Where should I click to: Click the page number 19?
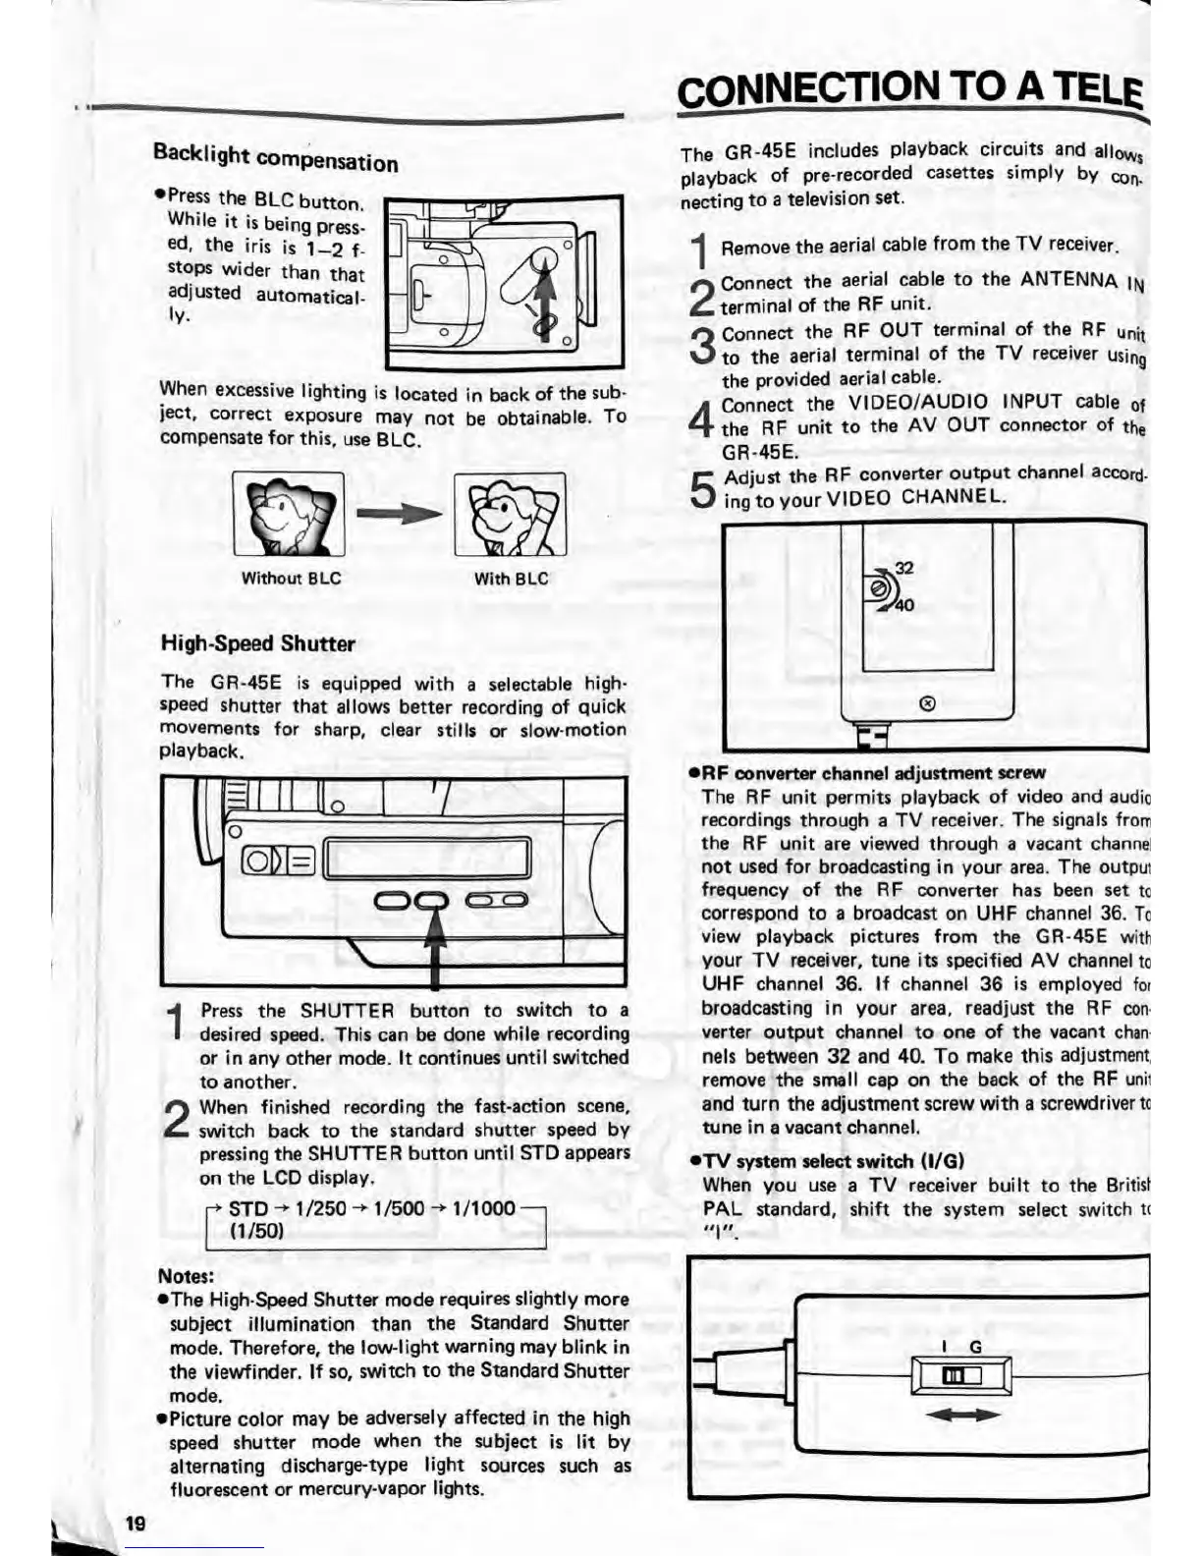pyautogui.click(x=135, y=1524)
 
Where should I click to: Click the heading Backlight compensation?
pyautogui.click(x=275, y=158)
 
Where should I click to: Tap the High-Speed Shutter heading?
pyautogui.click(x=257, y=644)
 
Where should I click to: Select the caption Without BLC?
pyautogui.click(x=291, y=579)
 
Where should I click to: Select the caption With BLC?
pyautogui.click(x=511, y=579)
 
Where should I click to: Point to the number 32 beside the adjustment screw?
pyautogui.click(x=903, y=567)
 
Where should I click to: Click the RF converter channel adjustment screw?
pyautogui.click(x=880, y=586)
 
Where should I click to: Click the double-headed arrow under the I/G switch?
pyautogui.click(x=962, y=1415)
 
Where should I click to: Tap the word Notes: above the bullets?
pyautogui.click(x=186, y=1276)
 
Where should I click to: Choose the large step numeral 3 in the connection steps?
pyautogui.click(x=702, y=345)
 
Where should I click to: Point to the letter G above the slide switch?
pyautogui.click(x=975, y=1347)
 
